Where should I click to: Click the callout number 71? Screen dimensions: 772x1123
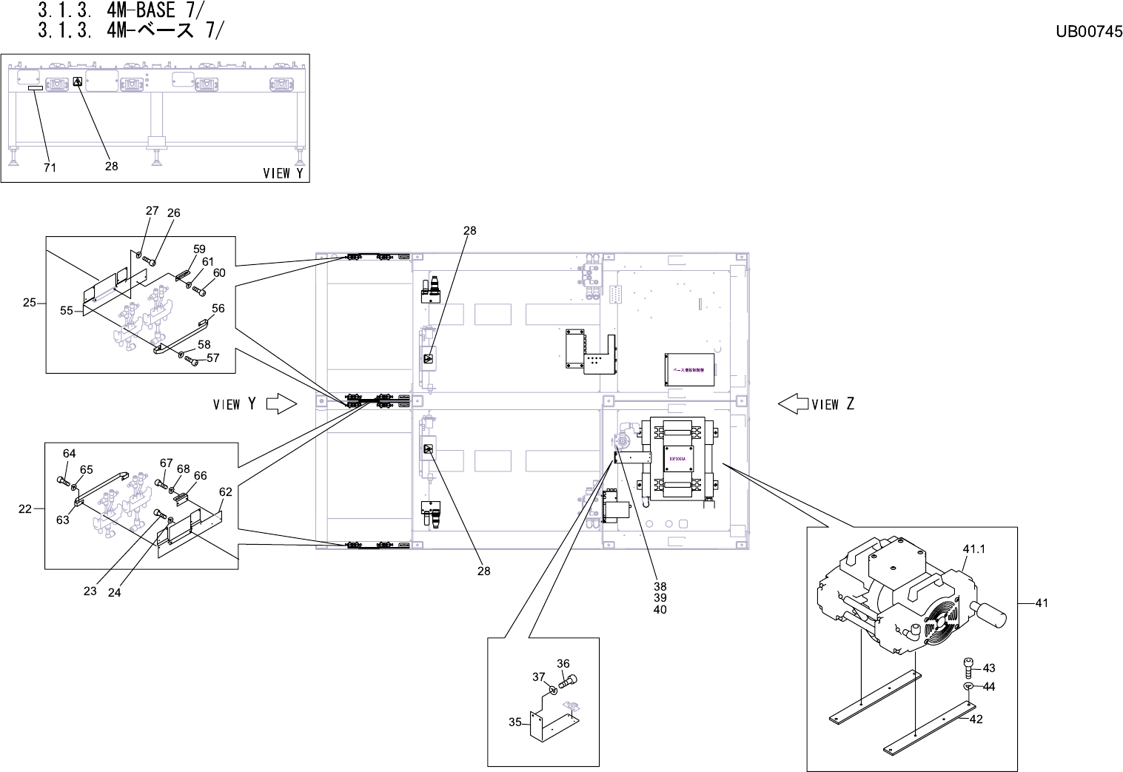click(x=50, y=168)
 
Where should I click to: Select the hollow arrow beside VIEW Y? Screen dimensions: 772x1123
click(x=281, y=403)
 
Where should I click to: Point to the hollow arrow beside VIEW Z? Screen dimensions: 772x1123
click(x=793, y=403)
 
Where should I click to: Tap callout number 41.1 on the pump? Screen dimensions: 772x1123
click(x=974, y=549)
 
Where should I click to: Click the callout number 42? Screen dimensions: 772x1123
click(x=976, y=719)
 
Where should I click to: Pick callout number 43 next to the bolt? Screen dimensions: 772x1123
click(x=989, y=668)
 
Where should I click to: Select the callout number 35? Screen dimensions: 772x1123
click(x=515, y=722)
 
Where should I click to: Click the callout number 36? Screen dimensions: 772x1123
click(x=563, y=663)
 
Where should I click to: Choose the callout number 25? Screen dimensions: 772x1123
click(x=30, y=302)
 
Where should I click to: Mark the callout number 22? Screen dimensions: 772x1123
click(x=25, y=508)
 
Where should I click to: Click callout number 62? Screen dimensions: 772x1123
click(x=226, y=491)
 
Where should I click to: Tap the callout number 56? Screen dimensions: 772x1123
click(x=218, y=308)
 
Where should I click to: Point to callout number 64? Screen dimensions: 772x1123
click(x=69, y=453)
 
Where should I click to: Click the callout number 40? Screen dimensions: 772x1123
click(x=660, y=610)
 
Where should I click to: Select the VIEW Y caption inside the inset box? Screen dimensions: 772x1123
click(x=284, y=173)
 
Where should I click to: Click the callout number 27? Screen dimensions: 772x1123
click(x=152, y=210)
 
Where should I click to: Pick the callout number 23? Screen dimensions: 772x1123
click(x=90, y=591)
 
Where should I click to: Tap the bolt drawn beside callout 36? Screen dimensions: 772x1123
click(x=569, y=681)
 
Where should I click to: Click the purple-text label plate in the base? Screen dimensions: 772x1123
click(x=689, y=368)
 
